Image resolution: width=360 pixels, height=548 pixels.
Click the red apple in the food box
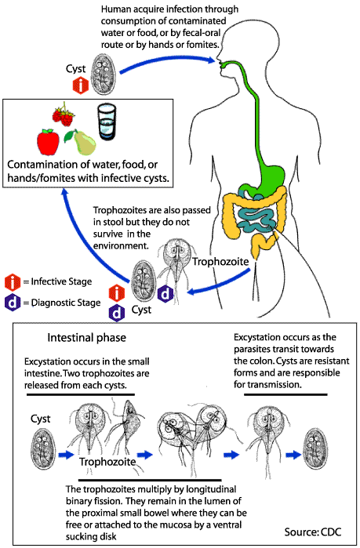pyautogui.click(x=49, y=142)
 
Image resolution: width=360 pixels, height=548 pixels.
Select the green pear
pyautogui.click(x=82, y=142)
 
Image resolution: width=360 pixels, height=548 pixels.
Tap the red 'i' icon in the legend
pyautogui.click(x=12, y=281)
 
